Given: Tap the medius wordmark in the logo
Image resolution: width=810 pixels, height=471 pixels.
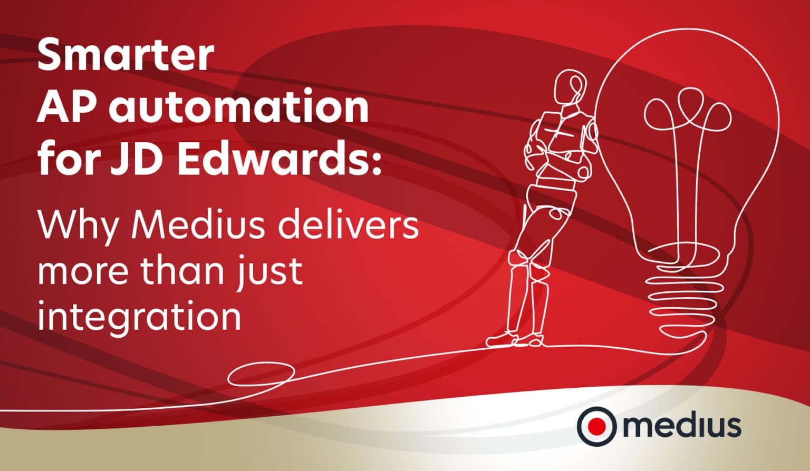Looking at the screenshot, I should point(682,426).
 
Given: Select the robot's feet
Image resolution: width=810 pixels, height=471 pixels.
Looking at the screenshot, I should point(514,340).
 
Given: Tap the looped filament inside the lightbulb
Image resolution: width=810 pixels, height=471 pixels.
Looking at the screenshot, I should point(687,113).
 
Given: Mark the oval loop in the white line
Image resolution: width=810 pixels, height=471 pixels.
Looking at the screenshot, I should point(261,374).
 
